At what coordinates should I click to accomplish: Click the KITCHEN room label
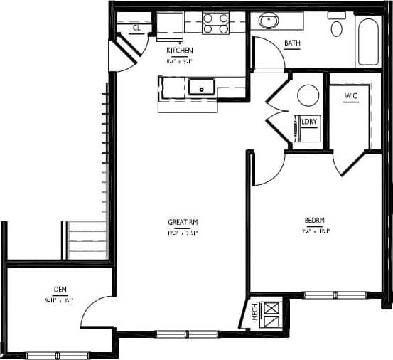(x=179, y=51)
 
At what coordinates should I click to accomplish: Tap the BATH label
(x=292, y=43)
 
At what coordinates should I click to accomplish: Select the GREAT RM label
(x=183, y=221)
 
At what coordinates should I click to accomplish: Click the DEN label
(x=60, y=290)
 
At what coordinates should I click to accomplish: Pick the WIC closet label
(x=351, y=95)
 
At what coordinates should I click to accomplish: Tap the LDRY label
(x=308, y=122)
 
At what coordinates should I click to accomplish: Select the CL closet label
(x=136, y=28)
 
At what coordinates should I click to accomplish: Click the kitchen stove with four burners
(x=216, y=23)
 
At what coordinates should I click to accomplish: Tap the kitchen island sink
(x=202, y=88)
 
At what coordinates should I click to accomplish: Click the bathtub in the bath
(x=368, y=41)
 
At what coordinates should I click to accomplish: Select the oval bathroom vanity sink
(x=269, y=21)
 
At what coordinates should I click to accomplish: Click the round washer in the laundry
(x=308, y=95)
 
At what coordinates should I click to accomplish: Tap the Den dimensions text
(x=60, y=300)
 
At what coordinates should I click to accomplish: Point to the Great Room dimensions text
(x=183, y=233)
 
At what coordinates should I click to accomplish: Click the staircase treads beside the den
(x=87, y=240)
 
